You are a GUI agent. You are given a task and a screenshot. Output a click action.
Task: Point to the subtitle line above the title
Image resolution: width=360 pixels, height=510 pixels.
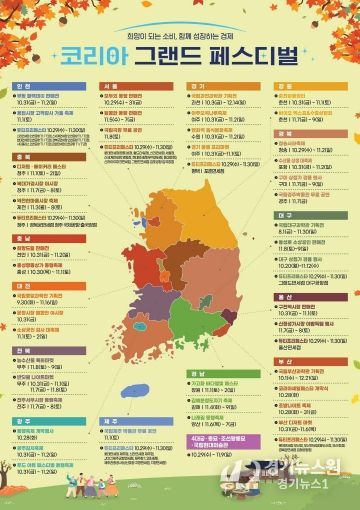click(179, 31)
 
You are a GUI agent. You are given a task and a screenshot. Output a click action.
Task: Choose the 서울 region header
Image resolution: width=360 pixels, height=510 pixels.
click(111, 87)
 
